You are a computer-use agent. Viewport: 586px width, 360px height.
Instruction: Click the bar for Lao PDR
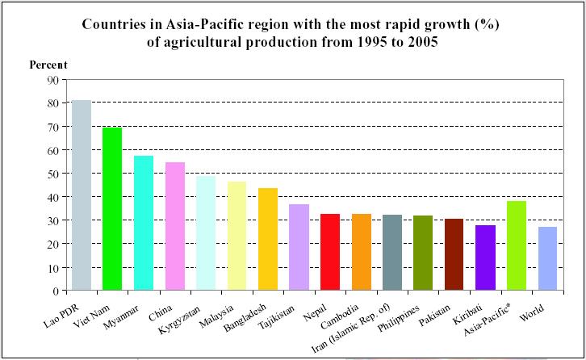coord(82,195)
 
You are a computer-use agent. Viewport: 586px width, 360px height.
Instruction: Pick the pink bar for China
coord(174,226)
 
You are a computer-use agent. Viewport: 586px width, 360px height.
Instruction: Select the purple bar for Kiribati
coord(485,257)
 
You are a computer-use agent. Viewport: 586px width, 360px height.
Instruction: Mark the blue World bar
coord(547,258)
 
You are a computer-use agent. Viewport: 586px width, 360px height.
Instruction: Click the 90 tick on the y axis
coord(52,80)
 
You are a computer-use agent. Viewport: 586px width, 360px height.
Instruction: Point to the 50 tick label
coord(52,174)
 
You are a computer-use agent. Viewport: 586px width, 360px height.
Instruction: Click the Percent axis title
coord(48,65)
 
